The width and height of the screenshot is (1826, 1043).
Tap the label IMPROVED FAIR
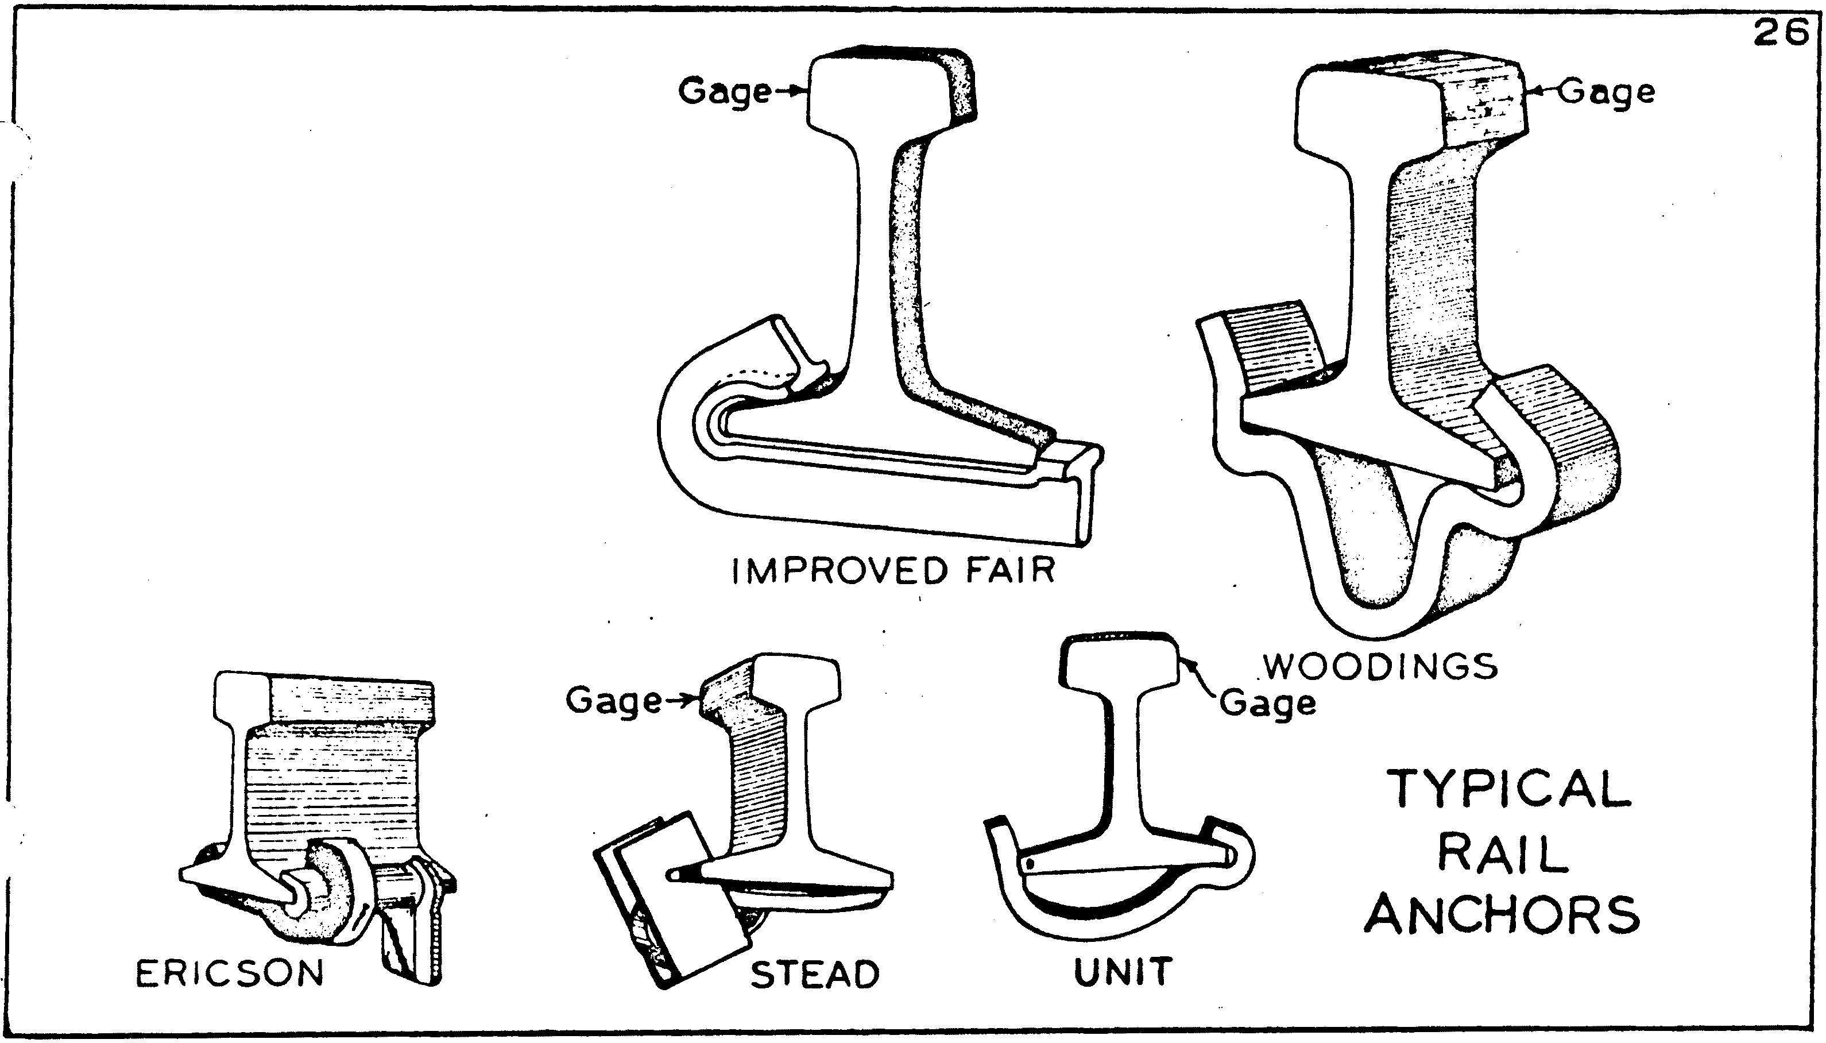893,571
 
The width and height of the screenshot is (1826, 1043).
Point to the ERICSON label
230,974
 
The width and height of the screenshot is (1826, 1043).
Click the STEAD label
815,974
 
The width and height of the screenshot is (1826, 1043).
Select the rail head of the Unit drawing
1119,663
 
